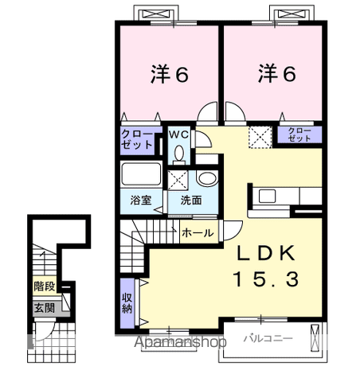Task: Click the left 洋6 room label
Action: [x=169, y=74]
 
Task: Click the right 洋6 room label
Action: [x=276, y=74]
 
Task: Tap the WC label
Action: [x=178, y=133]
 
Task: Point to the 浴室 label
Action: [x=131, y=200]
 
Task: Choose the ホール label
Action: [x=197, y=232]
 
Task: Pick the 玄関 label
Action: [x=45, y=307]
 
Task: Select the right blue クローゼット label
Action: [x=299, y=134]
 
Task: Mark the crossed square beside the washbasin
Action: [x=178, y=179]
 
